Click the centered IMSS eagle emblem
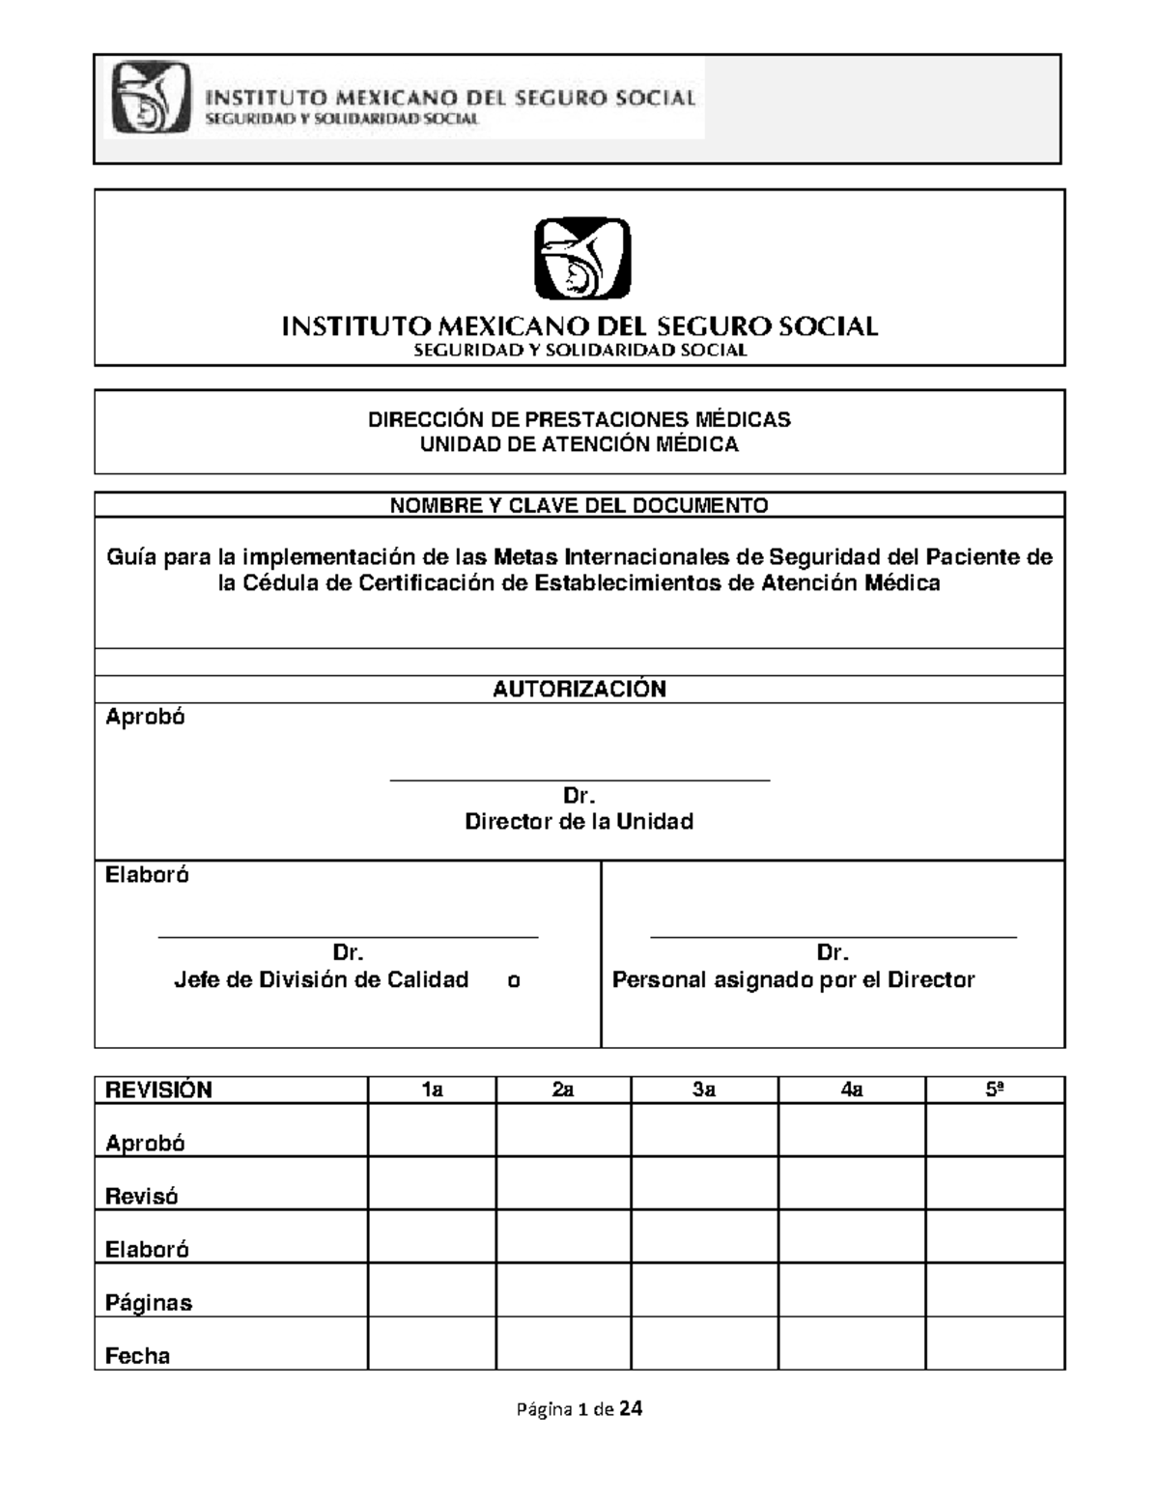[x=582, y=258]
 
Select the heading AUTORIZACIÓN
[x=579, y=689]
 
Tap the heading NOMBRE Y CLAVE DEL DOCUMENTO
[x=579, y=505]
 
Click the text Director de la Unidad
[x=579, y=822]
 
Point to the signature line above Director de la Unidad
[x=579, y=779]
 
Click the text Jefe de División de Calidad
[x=322, y=980]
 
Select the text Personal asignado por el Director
[x=793, y=980]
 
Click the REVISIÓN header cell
[x=159, y=1090]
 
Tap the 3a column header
[x=704, y=1090]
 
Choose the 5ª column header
[x=995, y=1090]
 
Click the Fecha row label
[x=138, y=1356]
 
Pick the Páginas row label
[x=149, y=1303]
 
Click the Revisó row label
[x=142, y=1197]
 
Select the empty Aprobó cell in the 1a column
[x=432, y=1131]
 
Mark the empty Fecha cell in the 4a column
[x=851, y=1344]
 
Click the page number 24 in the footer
[x=631, y=1409]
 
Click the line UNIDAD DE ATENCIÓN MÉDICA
[x=579, y=444]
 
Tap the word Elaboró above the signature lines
[x=148, y=875]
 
